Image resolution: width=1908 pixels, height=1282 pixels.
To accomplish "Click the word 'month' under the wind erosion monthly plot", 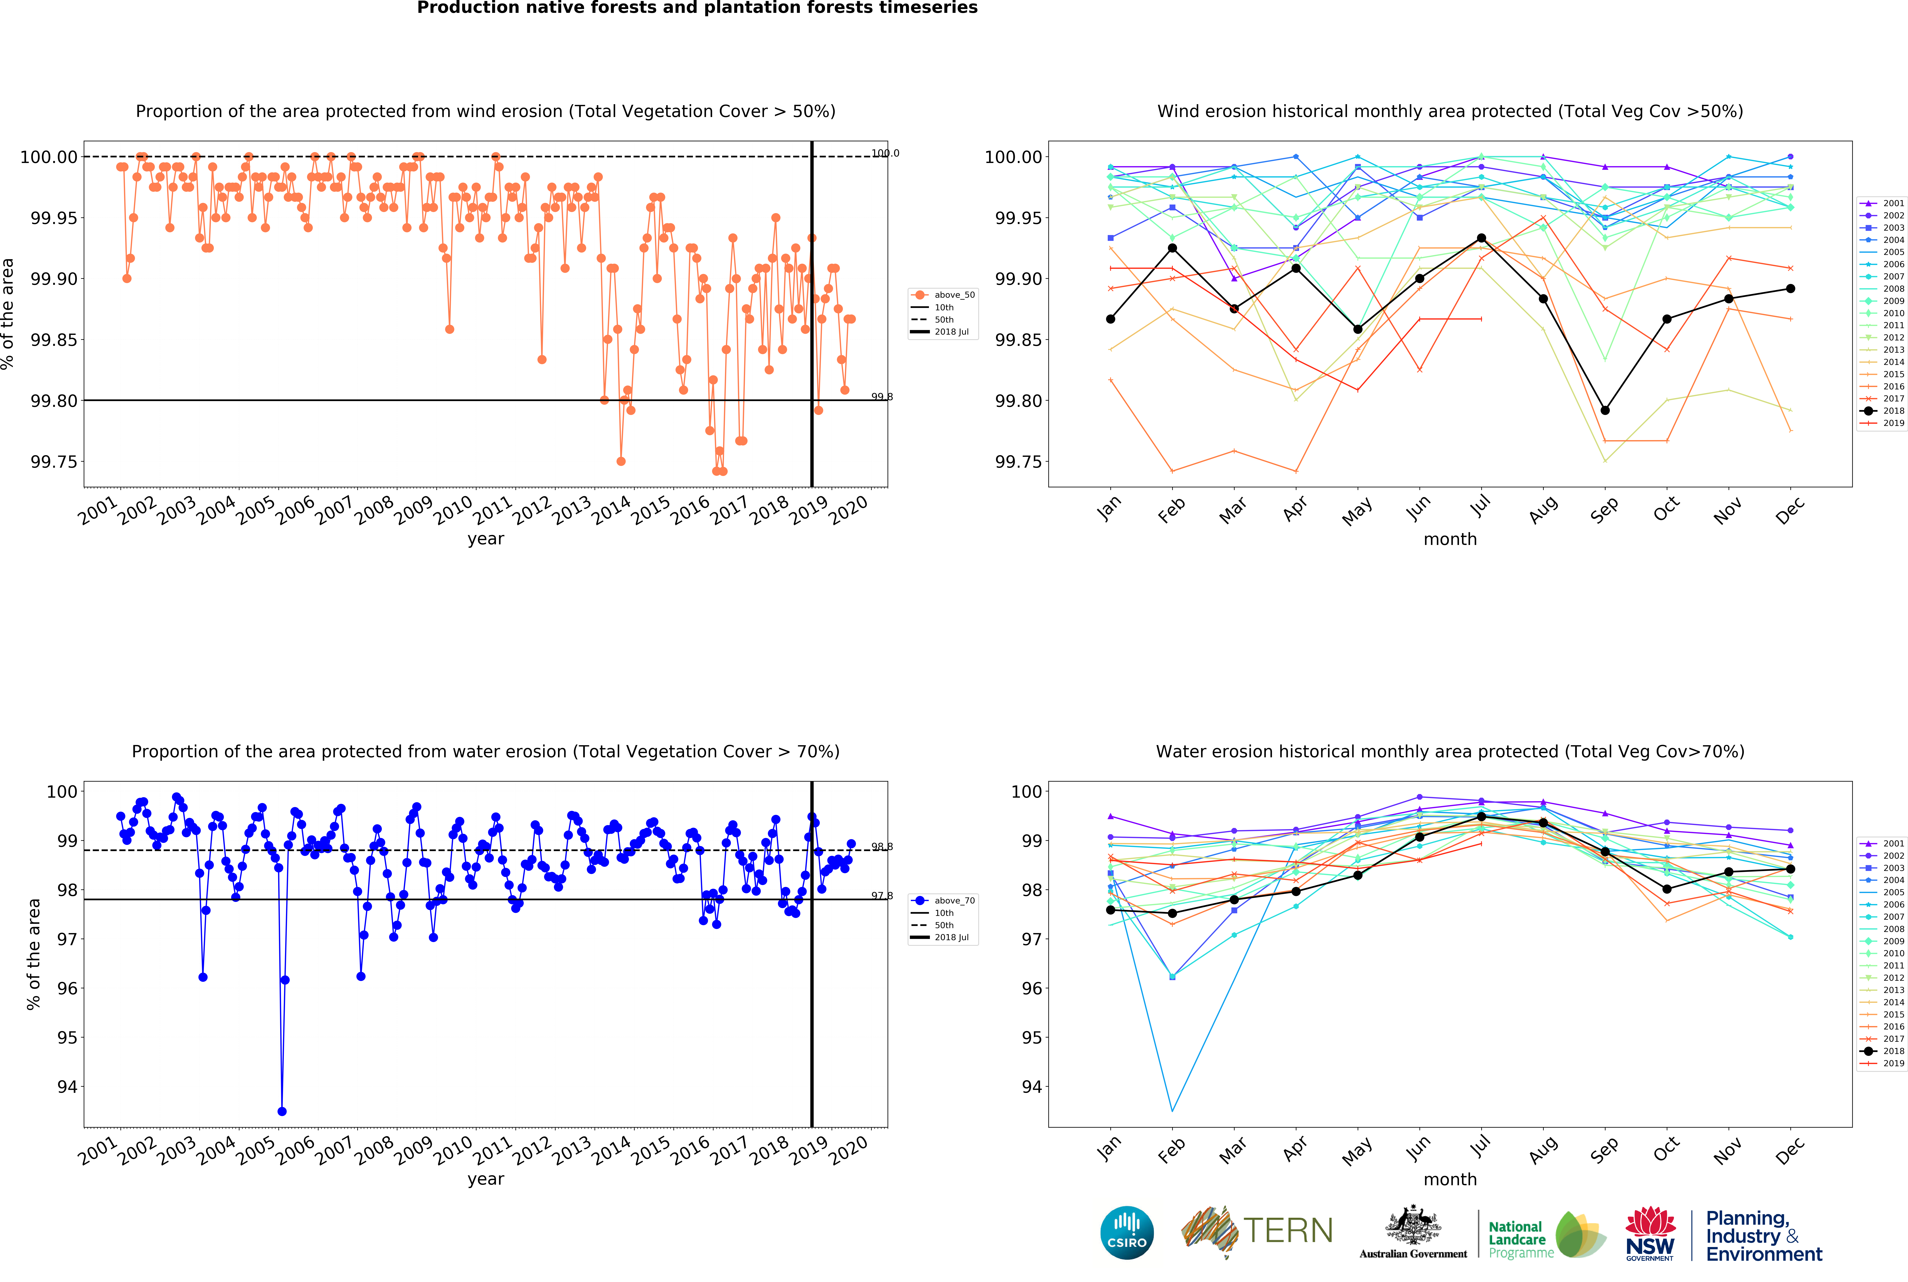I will point(1450,539).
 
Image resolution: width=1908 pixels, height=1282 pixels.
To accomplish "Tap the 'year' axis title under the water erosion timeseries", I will point(486,1179).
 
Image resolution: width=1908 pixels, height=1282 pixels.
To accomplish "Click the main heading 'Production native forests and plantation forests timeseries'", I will point(697,8).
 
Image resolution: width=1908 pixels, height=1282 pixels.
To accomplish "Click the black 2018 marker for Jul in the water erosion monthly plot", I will point(1481,817).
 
